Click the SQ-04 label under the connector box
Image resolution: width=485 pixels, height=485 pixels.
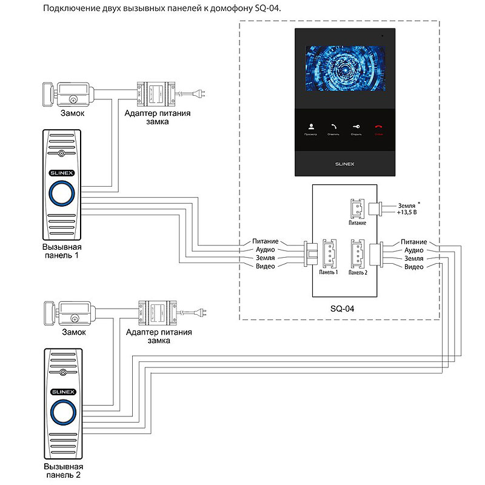tap(342, 308)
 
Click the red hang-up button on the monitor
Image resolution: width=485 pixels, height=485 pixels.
tap(379, 127)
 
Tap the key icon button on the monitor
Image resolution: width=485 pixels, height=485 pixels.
tap(356, 127)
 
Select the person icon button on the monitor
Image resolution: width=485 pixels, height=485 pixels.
tap(311, 127)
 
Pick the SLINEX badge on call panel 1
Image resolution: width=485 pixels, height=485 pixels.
tap(61, 174)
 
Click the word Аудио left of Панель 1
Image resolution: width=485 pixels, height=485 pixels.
tap(265, 250)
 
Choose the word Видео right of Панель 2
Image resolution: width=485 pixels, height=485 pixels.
tap(413, 267)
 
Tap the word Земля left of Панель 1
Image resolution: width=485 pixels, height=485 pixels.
tap(265, 258)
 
